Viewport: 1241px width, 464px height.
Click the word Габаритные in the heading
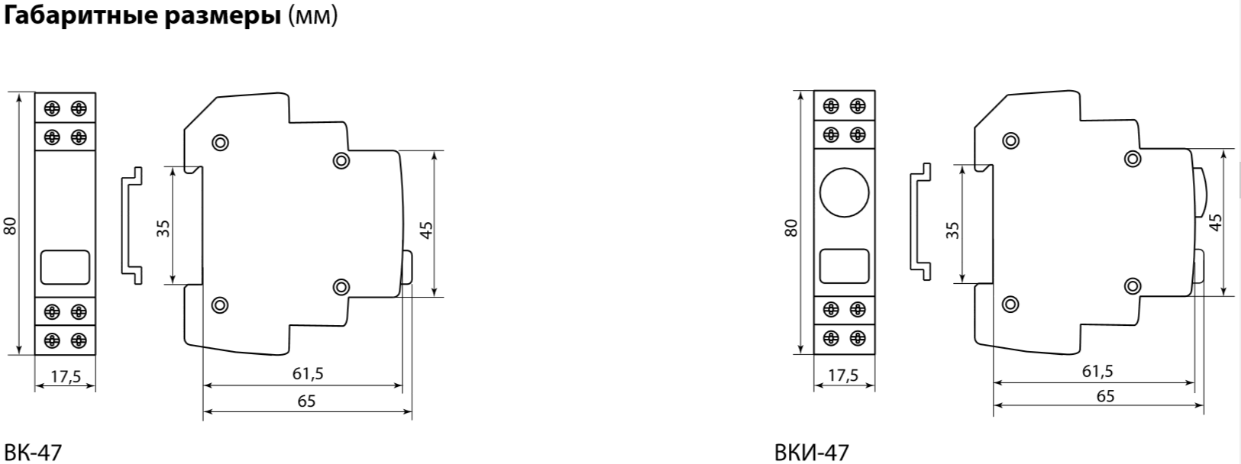coord(82,16)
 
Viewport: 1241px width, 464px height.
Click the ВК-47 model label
coord(33,453)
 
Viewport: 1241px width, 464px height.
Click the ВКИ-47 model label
coord(811,453)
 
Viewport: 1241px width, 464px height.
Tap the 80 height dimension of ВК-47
coord(11,226)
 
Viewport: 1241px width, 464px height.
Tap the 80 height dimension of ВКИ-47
coord(792,228)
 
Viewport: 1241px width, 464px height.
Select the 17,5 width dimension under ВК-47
coord(66,376)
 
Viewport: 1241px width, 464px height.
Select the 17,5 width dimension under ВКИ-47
coord(843,375)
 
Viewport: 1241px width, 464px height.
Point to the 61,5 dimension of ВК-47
coord(308,374)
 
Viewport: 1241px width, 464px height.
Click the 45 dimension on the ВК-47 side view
coord(426,230)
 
